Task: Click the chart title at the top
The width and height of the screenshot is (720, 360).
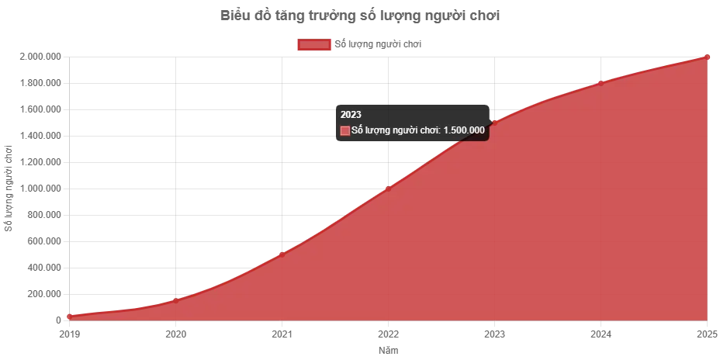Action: click(359, 16)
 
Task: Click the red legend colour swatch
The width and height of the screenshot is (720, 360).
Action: click(313, 44)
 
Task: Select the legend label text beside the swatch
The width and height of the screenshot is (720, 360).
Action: click(378, 44)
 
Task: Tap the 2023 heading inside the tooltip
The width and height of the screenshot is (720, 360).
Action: click(351, 114)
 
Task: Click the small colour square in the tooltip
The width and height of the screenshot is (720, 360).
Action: click(345, 130)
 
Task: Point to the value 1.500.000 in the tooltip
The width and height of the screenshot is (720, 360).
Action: click(464, 130)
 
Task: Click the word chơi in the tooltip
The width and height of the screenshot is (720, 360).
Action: click(427, 130)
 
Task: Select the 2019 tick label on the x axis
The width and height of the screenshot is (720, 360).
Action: click(67, 335)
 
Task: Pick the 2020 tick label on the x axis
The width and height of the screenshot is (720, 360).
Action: click(175, 335)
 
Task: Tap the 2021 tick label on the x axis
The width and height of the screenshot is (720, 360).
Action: click(281, 335)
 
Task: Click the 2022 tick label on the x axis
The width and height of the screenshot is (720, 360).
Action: click(388, 335)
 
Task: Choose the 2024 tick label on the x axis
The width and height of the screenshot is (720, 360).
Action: click(601, 335)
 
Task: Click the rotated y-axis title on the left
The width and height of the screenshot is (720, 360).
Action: click(6, 189)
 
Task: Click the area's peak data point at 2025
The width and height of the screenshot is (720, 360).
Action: click(707, 56)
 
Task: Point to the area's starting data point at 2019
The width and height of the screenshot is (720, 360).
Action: click(67, 316)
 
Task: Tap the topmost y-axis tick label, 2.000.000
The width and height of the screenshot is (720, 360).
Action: click(40, 56)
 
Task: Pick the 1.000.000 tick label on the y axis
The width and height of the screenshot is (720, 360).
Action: click(40, 186)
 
